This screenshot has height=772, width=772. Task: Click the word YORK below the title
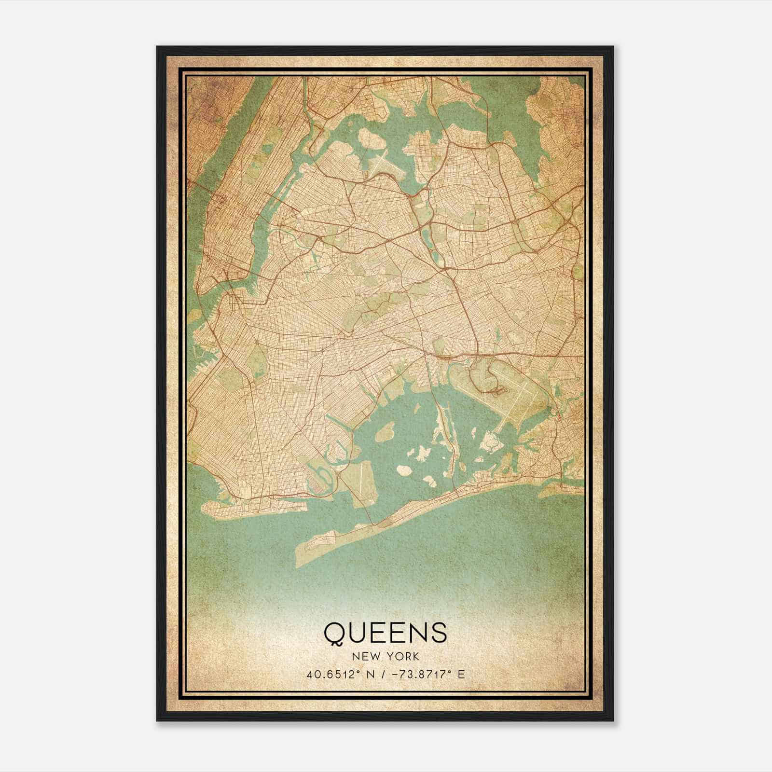(x=401, y=657)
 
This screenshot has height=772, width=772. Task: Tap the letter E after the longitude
(x=462, y=674)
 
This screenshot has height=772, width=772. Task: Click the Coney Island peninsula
(x=251, y=508)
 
